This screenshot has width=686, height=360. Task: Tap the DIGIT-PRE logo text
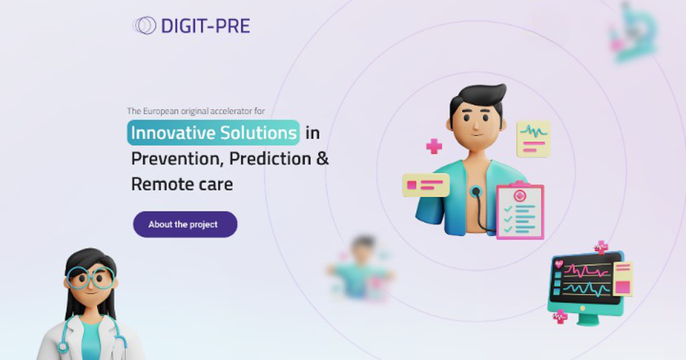coord(205,26)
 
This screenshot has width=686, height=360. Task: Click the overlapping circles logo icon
coord(144,26)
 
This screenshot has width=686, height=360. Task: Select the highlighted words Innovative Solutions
coord(213,133)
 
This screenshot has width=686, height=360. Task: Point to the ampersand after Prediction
coord(323,158)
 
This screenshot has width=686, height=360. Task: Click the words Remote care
coord(182,184)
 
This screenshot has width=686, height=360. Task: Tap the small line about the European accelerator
coord(196,111)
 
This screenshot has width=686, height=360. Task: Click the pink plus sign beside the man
coord(434,146)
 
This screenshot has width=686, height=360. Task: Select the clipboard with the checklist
coord(520,211)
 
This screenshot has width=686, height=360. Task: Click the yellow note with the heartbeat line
coord(533,138)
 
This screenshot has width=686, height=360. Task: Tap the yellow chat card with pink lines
coord(425,185)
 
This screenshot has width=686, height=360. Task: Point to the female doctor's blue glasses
coord(90,278)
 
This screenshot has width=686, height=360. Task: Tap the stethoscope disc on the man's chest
coord(474,193)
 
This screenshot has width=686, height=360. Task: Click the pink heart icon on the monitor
coord(559,264)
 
